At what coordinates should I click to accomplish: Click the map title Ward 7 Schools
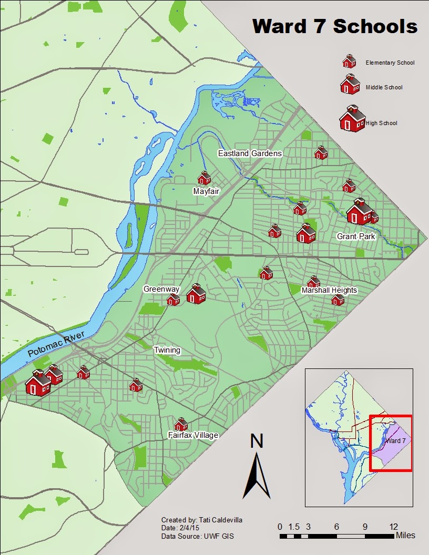pos(335,26)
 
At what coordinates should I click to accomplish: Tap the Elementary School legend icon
pos(349,62)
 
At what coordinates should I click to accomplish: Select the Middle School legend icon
pos(349,85)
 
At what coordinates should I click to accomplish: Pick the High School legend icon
pos(352,119)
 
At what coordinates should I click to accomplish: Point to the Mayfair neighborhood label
pos(206,191)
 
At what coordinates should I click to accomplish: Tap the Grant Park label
pos(356,237)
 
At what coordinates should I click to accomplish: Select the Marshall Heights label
pos(329,290)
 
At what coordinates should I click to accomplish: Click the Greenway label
pos(161,289)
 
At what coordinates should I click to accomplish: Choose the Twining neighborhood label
pos(167,350)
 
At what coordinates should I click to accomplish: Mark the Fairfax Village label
pos(193,435)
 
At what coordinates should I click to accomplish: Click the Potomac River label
pos(56,344)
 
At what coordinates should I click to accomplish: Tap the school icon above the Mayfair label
pos(204,178)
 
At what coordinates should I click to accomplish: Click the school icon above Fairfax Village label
pos(181,424)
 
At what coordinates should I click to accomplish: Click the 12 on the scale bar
pos(393,527)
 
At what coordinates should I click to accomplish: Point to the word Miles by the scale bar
pos(405,536)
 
